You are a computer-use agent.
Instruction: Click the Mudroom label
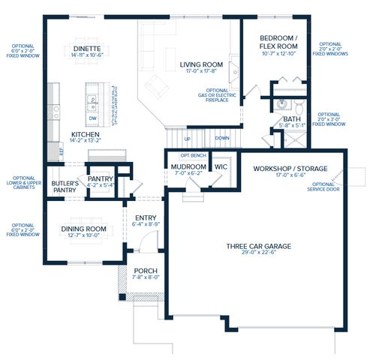(x=188, y=166)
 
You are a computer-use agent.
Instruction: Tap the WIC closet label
(x=221, y=166)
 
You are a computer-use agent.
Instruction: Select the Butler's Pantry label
(x=65, y=187)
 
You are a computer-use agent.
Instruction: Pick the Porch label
(x=146, y=271)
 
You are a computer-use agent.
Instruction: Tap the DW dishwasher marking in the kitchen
(x=92, y=118)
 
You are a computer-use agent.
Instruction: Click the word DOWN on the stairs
(x=221, y=138)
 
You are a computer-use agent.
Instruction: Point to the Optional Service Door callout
(x=323, y=186)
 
